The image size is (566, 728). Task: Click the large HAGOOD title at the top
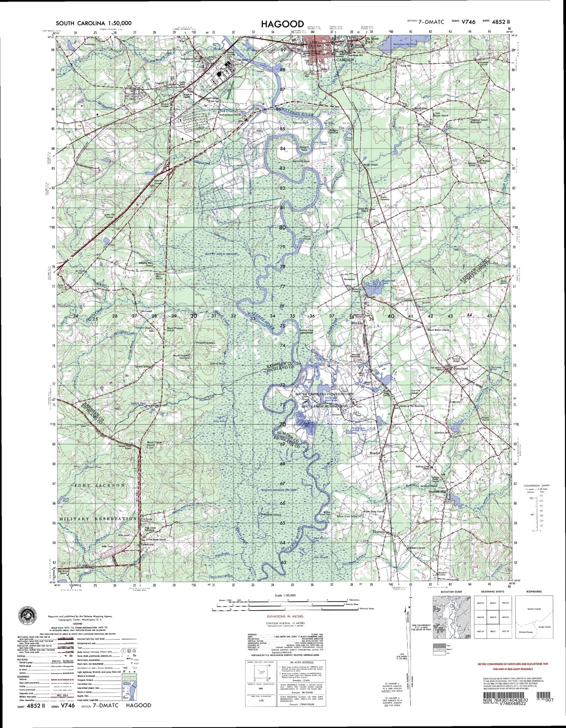(282, 24)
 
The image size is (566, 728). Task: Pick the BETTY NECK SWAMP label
(221, 254)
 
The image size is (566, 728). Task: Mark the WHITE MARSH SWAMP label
(278, 490)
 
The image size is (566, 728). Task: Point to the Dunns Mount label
(218, 363)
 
